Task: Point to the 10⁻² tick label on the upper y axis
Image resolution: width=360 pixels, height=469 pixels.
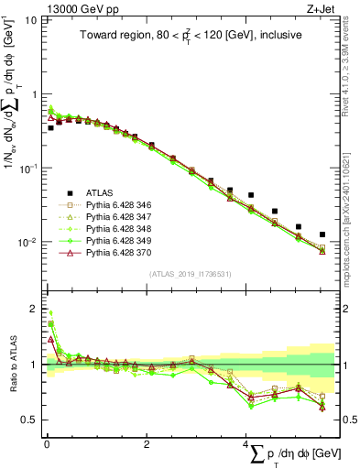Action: (27, 243)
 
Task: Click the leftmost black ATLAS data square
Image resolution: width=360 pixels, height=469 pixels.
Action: (50, 128)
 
